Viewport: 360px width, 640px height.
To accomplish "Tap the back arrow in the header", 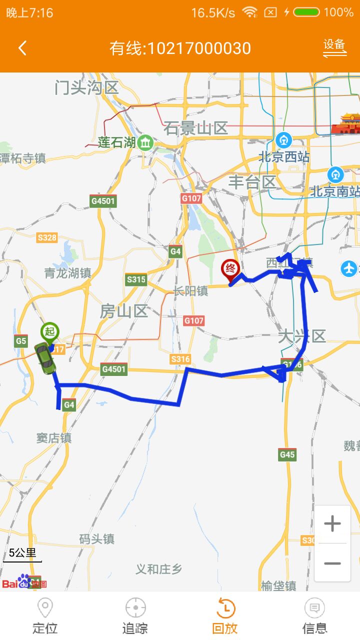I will pos(22,48).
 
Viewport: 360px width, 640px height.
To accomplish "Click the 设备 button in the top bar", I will pos(334,46).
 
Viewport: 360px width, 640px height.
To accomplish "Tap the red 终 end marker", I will pos(230,269).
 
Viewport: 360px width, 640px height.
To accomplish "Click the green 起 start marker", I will pos(49,331).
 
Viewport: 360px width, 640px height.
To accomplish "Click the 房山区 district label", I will pos(123,311).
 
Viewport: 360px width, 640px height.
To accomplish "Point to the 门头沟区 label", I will pos(86,88).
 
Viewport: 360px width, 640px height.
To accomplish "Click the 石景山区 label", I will pos(195,128).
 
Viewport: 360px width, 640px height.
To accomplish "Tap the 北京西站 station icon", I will pos(283,139).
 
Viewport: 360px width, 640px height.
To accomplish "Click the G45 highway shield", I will pos(287,454).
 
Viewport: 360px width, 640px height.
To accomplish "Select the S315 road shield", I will pos(136,279).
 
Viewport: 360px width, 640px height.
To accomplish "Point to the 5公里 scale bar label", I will pos(22,552).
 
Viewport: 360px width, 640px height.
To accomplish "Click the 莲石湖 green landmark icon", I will pos(145,142).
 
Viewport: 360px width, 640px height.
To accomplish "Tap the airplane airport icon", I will pos(349,268).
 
